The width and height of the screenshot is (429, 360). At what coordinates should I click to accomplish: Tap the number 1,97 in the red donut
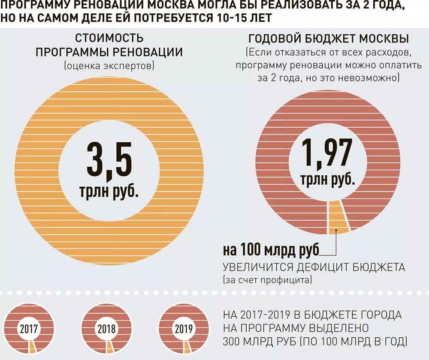point(327,153)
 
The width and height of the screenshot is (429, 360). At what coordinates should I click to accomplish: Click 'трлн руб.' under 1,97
point(327,179)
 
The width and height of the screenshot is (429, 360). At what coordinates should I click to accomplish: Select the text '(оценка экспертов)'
point(109,66)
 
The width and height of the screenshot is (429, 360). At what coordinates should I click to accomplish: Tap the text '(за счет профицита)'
point(267,281)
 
